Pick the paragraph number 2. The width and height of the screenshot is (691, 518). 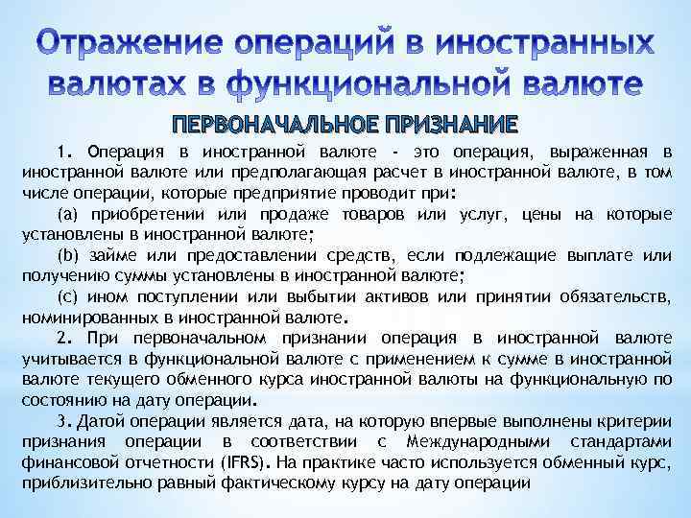pos(64,338)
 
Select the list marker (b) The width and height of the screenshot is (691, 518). pos(69,256)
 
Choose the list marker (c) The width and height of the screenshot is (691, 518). pos(68,297)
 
